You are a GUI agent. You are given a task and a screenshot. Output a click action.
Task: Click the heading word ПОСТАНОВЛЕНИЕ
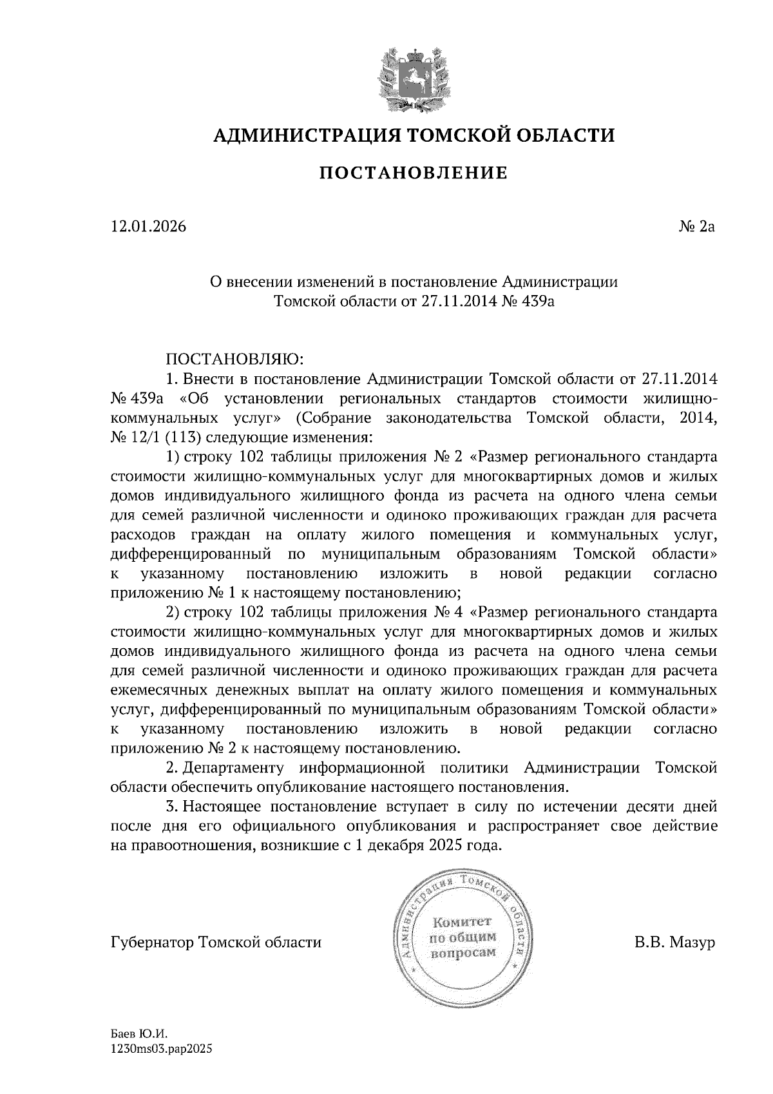coord(414,173)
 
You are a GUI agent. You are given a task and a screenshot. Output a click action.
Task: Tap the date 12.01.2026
coord(149,227)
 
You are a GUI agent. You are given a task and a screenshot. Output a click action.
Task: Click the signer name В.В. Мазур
coord(674,943)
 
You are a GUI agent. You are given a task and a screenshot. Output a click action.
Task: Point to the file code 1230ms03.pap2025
coord(162,1049)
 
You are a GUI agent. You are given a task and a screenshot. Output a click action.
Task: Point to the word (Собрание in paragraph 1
coord(334,418)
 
